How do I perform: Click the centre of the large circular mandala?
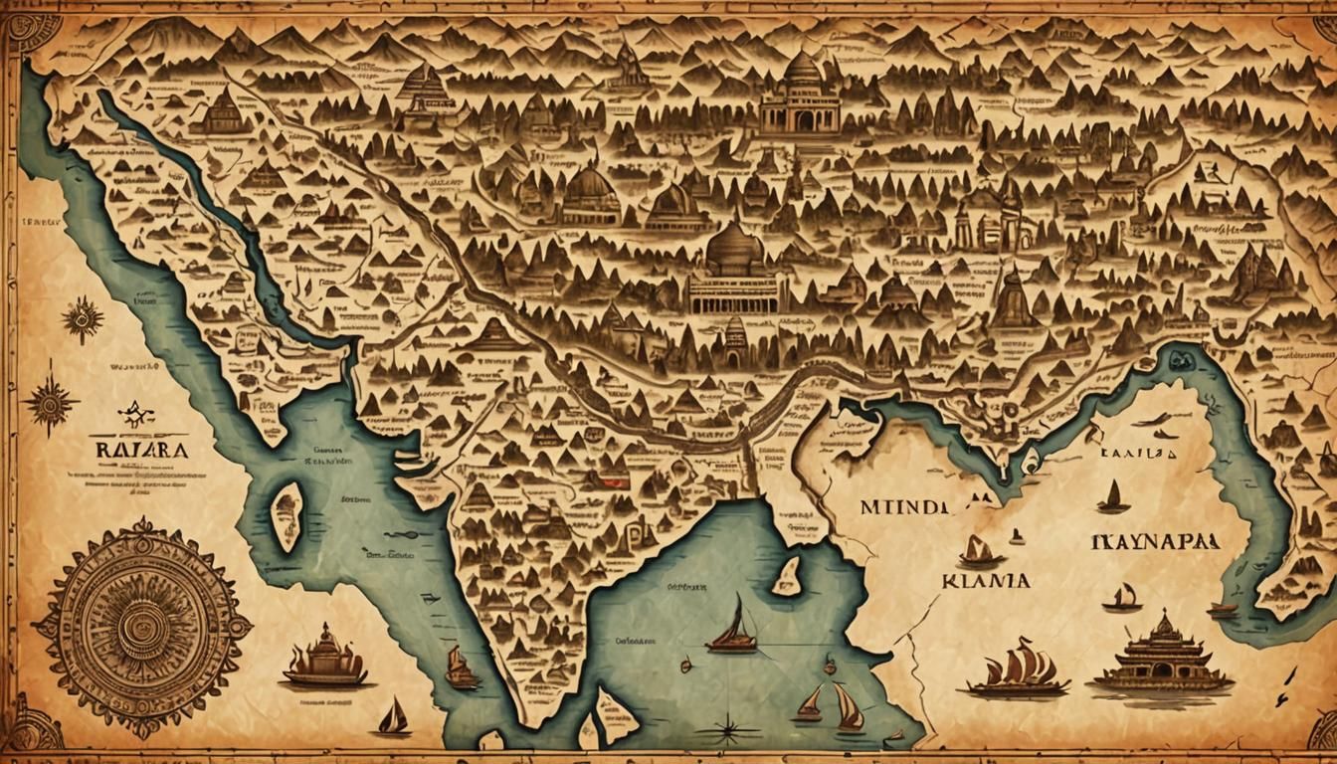tap(143, 627)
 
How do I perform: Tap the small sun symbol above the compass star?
tap(82, 320)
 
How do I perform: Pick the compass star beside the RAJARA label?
tap(50, 403)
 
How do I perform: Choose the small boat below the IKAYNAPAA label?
tap(1122, 598)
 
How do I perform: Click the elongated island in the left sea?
tap(286, 515)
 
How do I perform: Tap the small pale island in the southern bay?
tap(787, 577)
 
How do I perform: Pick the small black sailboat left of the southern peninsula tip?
tap(394, 718)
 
